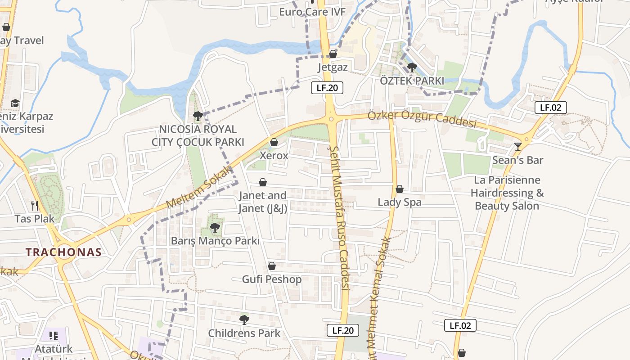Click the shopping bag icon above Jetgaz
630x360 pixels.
(333, 54)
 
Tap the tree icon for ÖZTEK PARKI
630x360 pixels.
(412, 67)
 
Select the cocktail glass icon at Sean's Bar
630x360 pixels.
(518, 146)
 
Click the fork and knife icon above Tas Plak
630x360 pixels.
(35, 206)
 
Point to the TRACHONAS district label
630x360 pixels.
(63, 252)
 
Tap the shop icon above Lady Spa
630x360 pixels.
(399, 189)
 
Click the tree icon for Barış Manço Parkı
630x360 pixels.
(215, 227)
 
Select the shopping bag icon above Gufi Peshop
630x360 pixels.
(272, 266)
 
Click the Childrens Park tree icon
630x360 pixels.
(244, 320)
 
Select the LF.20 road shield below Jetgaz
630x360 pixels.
(327, 88)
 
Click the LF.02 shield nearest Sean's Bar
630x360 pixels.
(550, 108)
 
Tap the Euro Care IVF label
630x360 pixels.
(312, 12)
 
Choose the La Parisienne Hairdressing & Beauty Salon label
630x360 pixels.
(507, 193)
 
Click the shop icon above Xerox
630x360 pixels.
(274, 143)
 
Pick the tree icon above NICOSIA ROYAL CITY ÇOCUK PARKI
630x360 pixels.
(198, 116)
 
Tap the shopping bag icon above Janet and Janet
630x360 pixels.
(263, 182)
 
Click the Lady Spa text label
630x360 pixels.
(400, 202)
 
